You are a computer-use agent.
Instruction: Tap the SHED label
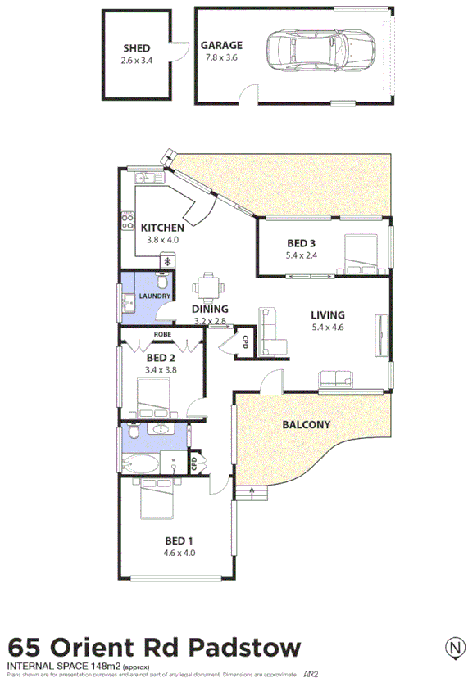coord(137,48)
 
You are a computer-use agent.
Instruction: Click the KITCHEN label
coord(161,228)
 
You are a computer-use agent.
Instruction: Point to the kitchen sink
coord(144,177)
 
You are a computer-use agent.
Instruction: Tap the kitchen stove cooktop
coord(128,219)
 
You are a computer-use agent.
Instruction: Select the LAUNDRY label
coord(154,296)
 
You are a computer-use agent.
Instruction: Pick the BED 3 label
coord(301,243)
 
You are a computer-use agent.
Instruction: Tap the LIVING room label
coord(328,314)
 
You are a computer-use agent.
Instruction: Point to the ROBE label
coord(161,334)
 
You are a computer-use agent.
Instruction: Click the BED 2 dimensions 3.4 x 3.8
coord(161,369)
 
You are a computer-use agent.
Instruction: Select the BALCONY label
coord(306,425)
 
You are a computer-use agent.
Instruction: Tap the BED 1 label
coord(179,540)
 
